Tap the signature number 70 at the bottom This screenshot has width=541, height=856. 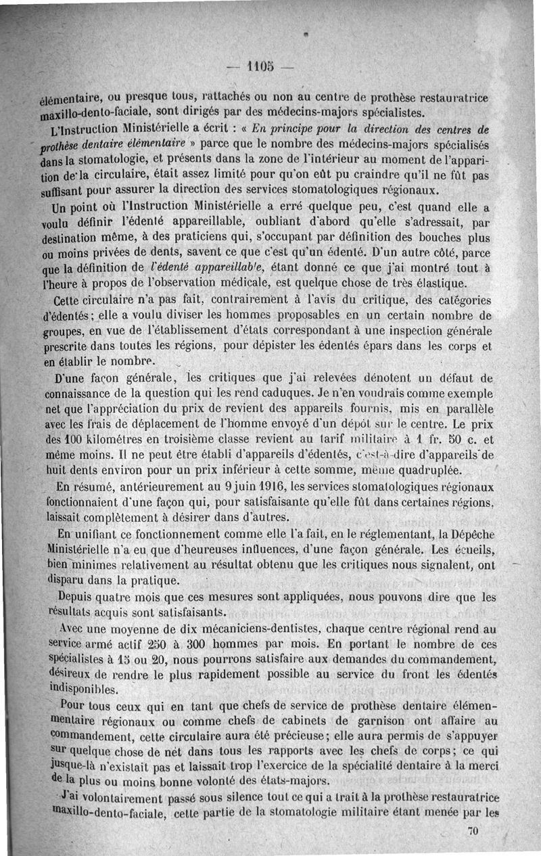pyautogui.click(x=473, y=833)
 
